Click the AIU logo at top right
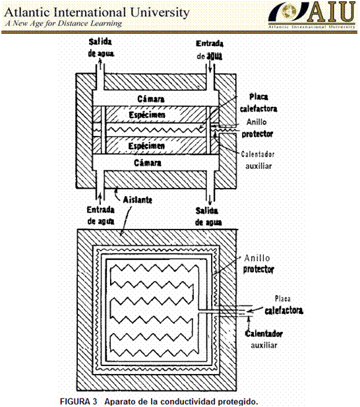(312, 15)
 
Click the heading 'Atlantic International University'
(97, 13)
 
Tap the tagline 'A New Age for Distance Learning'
(63, 23)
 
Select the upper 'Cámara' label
(151, 99)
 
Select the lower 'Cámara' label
(148, 163)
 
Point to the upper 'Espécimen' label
(147, 115)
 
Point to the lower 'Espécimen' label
(146, 146)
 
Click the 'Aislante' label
(137, 200)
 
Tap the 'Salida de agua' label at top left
(101, 47)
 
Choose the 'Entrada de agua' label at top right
(209, 50)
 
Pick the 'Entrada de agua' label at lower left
(101, 216)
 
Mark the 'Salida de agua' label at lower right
(208, 216)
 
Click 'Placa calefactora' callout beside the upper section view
(258, 103)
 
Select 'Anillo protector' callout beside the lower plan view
(258, 264)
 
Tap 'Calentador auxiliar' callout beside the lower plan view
(264, 339)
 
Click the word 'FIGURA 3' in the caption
(78, 401)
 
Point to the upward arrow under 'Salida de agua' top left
(101, 64)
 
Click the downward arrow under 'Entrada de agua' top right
(210, 67)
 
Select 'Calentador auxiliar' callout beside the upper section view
(258, 160)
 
